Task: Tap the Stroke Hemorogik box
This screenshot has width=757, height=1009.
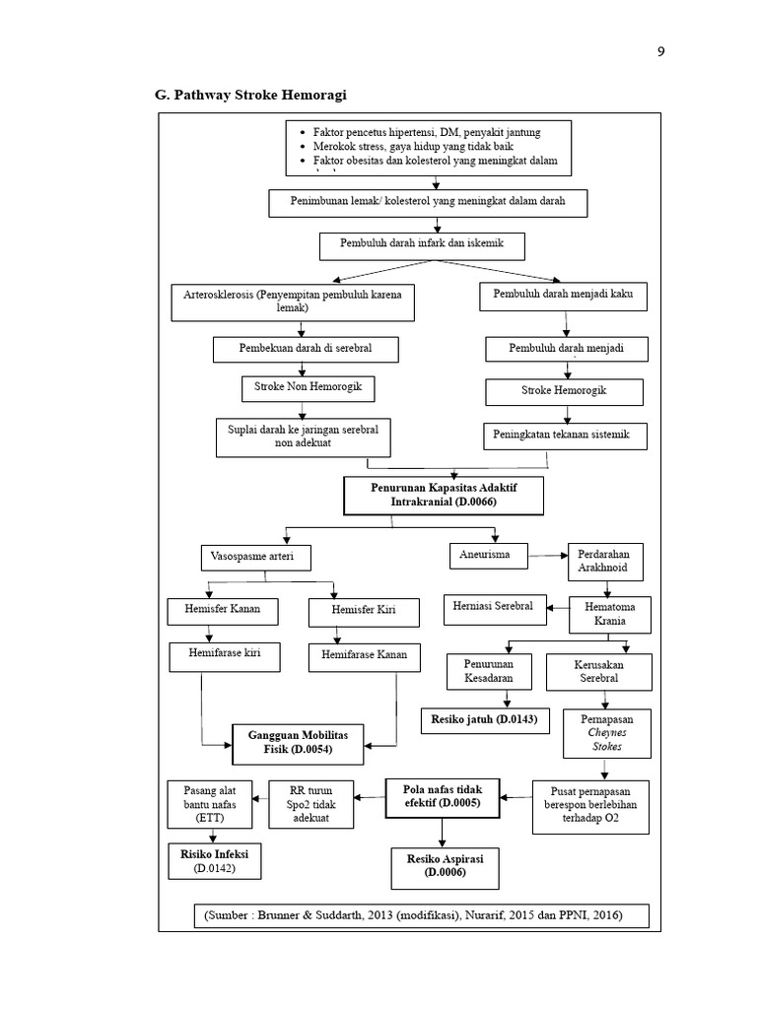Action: coord(564,392)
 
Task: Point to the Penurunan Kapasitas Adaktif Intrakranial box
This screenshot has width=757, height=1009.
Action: coord(443,495)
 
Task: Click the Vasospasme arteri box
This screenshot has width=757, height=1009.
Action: coord(254,558)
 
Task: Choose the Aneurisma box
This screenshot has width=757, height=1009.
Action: coord(487,555)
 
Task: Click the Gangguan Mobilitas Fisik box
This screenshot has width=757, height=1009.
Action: coord(297,742)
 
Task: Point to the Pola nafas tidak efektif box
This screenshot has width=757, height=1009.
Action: coord(442,796)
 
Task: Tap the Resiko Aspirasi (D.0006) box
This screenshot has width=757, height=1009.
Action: coord(440,865)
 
